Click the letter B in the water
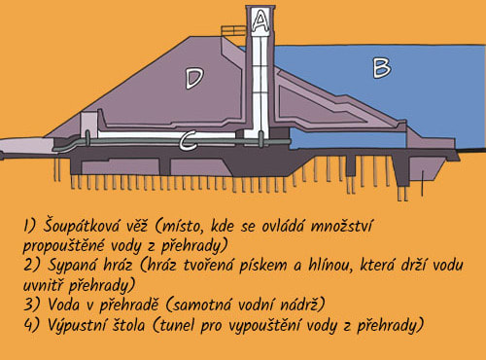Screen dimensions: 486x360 (382, 67)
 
